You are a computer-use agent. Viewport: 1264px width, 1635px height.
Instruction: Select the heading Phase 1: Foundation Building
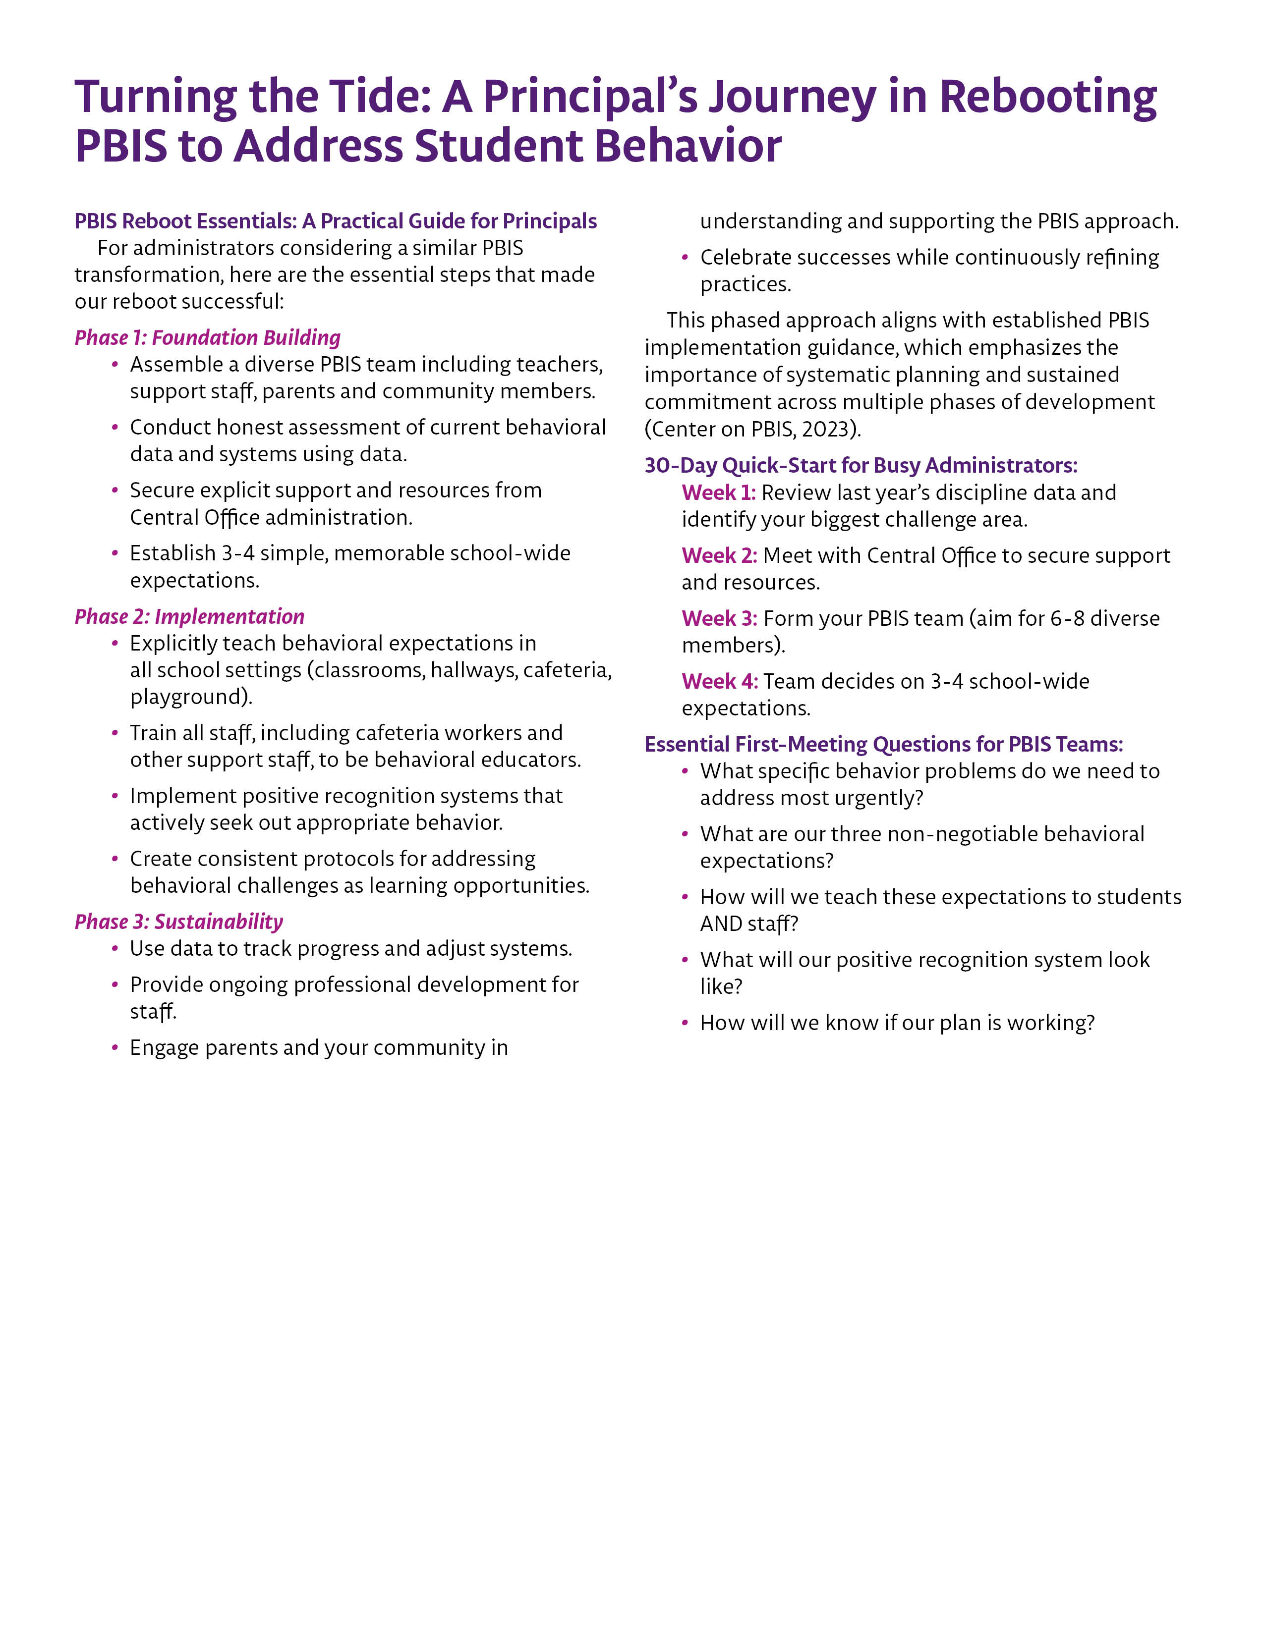207,337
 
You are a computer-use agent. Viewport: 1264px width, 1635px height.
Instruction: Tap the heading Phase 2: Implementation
189,616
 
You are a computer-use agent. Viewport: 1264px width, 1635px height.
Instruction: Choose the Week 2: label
719,555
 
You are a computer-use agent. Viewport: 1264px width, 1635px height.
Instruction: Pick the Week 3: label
719,618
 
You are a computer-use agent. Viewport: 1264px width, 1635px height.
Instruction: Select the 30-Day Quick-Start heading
861,466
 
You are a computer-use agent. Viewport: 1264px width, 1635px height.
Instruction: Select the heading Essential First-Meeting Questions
884,744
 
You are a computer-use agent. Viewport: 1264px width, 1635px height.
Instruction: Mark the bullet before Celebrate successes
685,258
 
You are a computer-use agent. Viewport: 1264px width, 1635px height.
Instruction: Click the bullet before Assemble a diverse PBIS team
115,365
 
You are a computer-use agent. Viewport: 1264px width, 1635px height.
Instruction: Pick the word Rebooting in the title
1047,97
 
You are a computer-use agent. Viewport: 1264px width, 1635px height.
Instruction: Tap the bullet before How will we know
685,1023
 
